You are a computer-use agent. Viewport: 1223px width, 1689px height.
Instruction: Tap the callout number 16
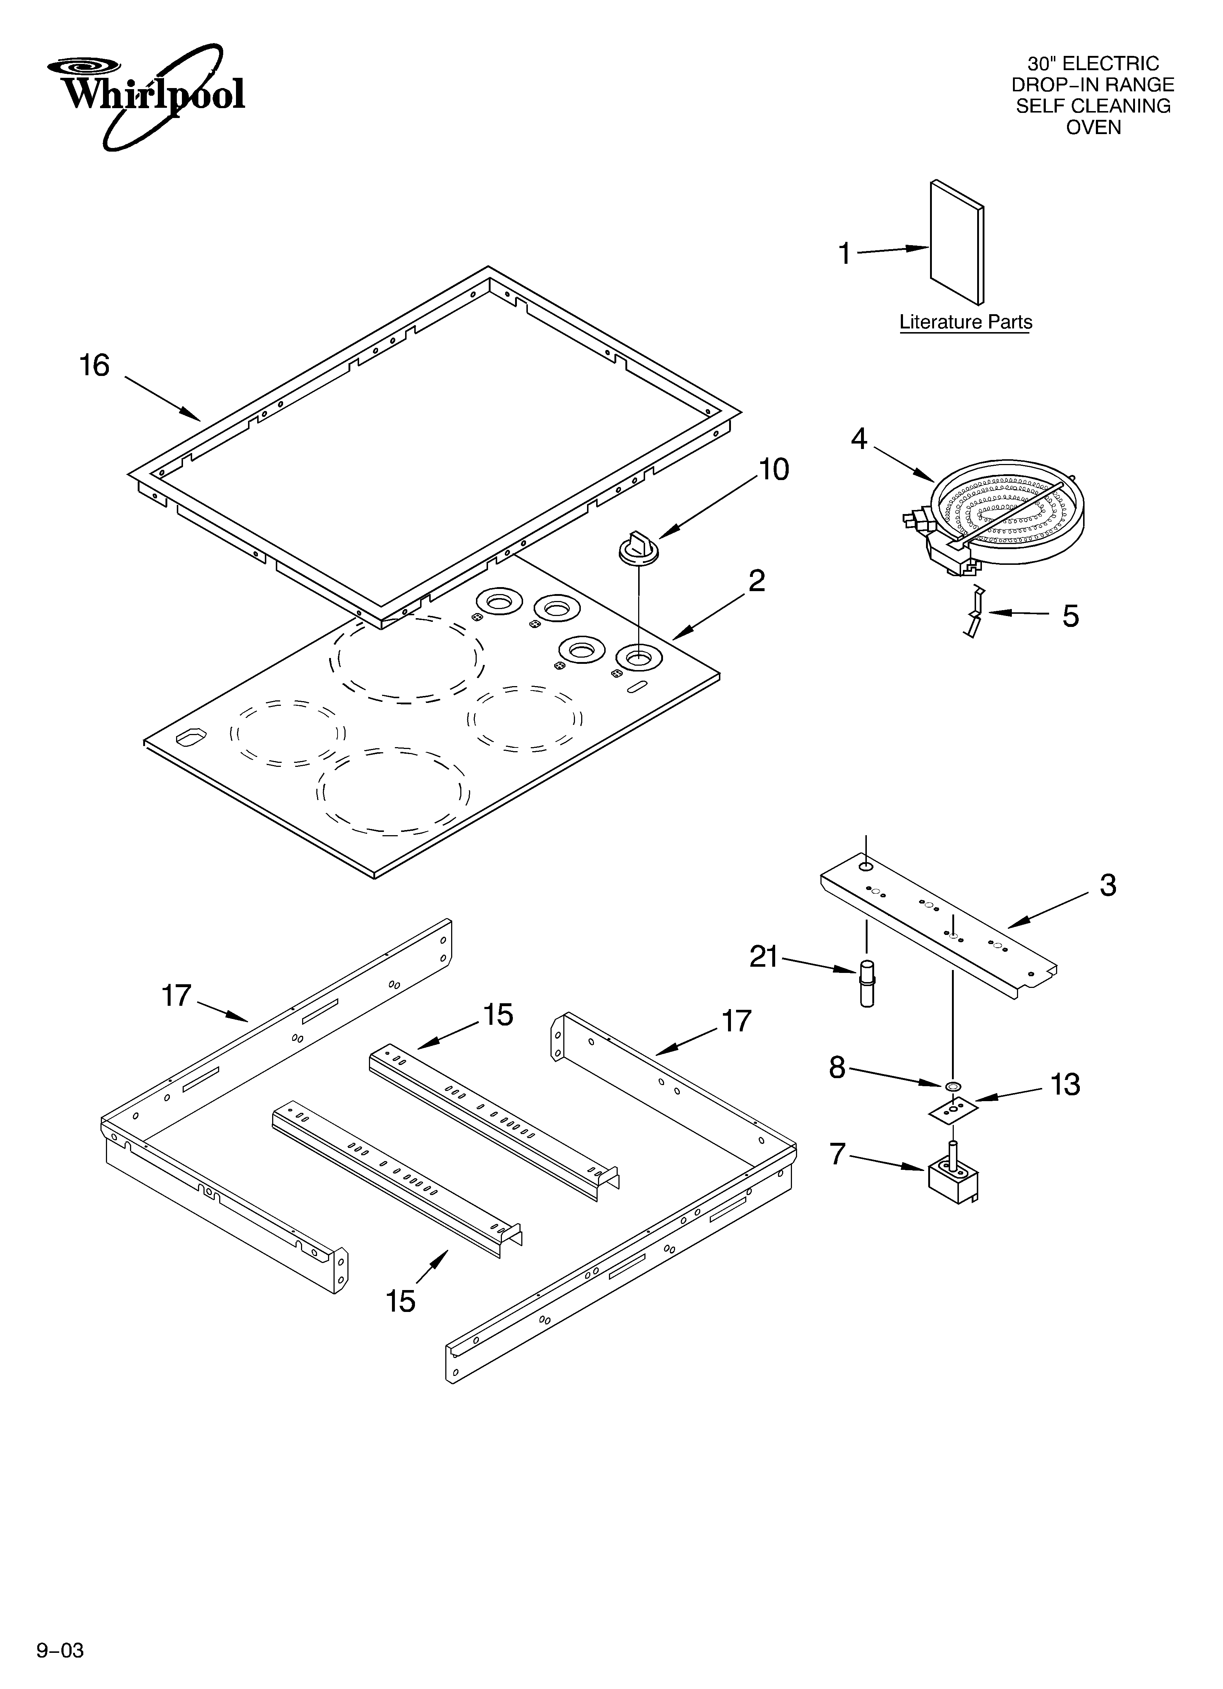tap(95, 366)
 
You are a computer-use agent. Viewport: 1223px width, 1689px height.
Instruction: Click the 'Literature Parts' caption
tap(965, 323)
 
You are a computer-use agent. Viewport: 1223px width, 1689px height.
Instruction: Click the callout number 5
tap(1070, 616)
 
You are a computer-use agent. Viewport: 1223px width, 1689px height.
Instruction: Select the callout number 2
tap(757, 581)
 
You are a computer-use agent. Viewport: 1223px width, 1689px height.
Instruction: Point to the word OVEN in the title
tap(1093, 128)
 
